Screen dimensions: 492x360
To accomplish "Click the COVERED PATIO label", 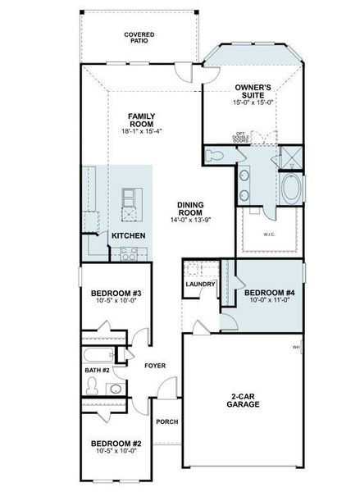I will point(139,38).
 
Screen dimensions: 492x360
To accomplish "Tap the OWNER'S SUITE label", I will point(253,89).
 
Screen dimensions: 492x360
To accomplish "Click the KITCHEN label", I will point(130,236).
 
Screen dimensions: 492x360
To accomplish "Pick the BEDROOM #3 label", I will point(116,293).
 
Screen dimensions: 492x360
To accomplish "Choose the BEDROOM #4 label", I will point(267,293).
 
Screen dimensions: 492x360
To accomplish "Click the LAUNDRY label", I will point(200,285).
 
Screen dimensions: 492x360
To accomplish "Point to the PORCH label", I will point(167,421).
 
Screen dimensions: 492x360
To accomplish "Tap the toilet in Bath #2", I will point(114,389).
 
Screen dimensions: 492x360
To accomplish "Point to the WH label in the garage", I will point(295,348).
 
